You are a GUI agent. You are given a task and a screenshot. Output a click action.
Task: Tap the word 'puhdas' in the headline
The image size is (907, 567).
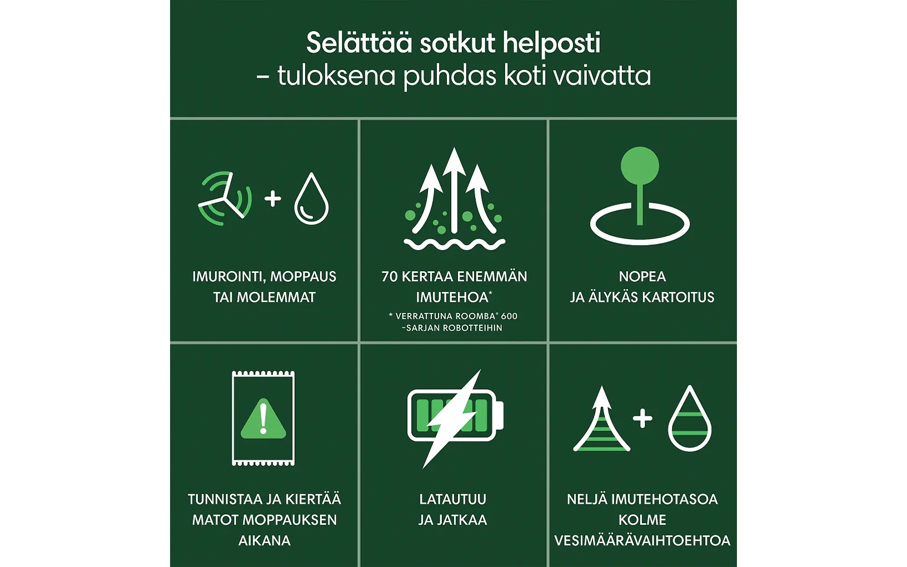coord(450,77)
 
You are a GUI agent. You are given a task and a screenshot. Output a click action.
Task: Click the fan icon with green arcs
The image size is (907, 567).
coord(225,198)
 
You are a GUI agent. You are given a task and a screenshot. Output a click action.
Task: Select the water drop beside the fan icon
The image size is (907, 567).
coord(311,198)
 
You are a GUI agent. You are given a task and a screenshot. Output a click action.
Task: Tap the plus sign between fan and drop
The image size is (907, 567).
coord(272,198)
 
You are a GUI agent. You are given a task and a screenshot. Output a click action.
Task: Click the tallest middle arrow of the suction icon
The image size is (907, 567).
coord(454,190)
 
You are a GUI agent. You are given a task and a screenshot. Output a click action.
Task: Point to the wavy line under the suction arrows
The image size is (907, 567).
coord(454,244)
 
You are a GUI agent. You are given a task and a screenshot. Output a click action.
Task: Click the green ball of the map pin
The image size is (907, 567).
coord(640,166)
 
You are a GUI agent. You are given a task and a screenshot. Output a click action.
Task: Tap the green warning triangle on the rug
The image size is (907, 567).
coord(263,419)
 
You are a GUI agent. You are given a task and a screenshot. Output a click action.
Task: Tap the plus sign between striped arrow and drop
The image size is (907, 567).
coord(642,419)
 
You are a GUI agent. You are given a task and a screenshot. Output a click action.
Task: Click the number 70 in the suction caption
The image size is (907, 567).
coord(390,277)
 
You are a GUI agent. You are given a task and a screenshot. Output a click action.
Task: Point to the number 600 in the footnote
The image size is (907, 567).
coord(509,316)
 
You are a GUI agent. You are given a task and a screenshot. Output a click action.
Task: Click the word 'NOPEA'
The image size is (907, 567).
coord(642,277)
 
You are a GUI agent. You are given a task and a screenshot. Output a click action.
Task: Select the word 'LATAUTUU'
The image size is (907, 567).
coord(453,499)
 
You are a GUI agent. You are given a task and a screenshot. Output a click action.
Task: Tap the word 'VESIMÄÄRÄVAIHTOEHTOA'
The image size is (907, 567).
coord(642,541)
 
